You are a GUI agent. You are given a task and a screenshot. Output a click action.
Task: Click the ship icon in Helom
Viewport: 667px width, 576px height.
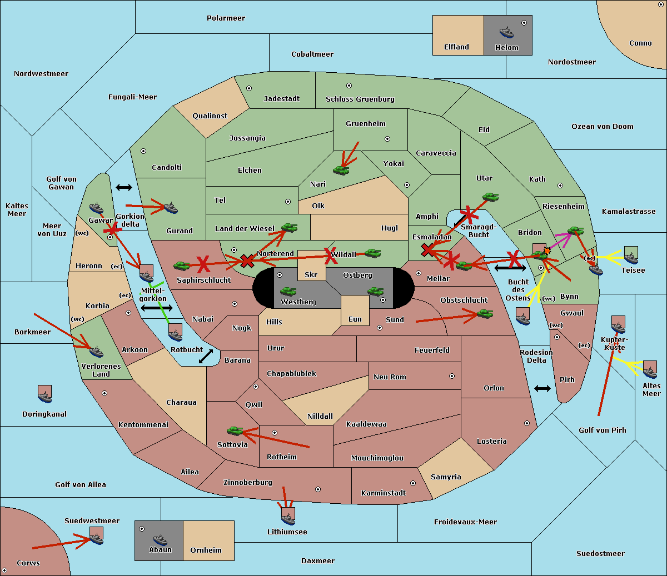pyautogui.click(x=506, y=32)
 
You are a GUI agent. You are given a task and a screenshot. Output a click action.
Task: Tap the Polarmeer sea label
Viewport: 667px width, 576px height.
pyautogui.click(x=226, y=18)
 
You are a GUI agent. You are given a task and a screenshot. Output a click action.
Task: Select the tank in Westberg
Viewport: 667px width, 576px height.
pyautogui.click(x=288, y=291)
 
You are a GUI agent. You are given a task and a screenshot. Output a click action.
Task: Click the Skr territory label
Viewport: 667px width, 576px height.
pyautogui.click(x=311, y=274)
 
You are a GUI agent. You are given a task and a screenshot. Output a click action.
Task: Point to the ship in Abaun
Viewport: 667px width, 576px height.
pyautogui.click(x=160, y=540)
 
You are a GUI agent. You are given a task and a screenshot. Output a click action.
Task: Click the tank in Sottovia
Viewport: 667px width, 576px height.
pyautogui.click(x=235, y=430)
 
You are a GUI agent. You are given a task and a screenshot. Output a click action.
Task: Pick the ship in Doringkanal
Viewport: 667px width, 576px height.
pyautogui.click(x=44, y=396)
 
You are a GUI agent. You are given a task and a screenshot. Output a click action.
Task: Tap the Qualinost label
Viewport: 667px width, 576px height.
pyautogui.click(x=210, y=116)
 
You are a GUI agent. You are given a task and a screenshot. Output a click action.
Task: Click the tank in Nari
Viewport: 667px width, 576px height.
pyautogui.click(x=341, y=170)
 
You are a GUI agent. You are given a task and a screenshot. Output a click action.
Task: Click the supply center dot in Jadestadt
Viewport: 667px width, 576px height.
pyautogui.click(x=249, y=88)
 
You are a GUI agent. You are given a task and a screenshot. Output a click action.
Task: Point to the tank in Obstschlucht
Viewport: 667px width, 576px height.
pyautogui.click(x=485, y=313)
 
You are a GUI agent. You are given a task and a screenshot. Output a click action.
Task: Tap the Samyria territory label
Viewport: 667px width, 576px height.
pyautogui.click(x=446, y=477)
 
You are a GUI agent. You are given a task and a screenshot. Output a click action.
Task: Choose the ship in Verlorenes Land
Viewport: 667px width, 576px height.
pyautogui.click(x=96, y=351)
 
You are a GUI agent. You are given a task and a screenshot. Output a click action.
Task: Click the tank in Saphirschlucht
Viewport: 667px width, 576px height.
pyautogui.click(x=181, y=266)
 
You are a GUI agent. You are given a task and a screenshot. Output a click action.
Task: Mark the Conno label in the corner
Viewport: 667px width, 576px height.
pyautogui.click(x=640, y=43)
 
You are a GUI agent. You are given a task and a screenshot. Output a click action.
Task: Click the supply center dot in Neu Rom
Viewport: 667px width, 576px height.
pyautogui.click(x=452, y=376)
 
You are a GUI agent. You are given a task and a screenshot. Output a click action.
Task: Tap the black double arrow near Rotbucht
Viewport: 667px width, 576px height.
pyautogui.click(x=206, y=357)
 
